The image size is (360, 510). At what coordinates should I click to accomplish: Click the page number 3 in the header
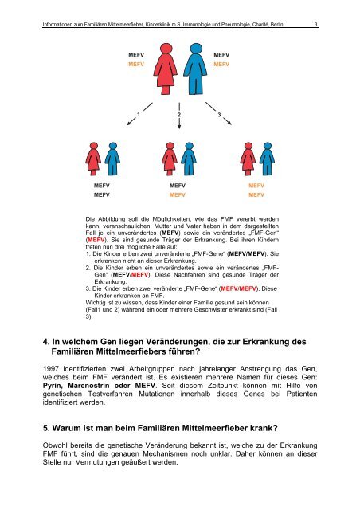pos(315,24)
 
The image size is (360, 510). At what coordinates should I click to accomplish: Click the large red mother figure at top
pos(165,69)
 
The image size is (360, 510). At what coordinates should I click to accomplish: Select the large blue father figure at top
pos(195,69)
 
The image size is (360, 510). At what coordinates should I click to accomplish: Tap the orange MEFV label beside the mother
pos(136,64)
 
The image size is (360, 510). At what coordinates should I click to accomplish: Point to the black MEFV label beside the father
pos(221,55)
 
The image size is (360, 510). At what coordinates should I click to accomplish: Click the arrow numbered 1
pos(139,114)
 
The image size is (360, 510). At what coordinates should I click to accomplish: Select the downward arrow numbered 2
pos(179,116)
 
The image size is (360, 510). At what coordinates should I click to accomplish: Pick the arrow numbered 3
pos(218,113)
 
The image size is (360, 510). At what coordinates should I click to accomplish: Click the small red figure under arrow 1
pos(93,159)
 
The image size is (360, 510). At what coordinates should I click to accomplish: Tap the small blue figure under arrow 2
pos(189,159)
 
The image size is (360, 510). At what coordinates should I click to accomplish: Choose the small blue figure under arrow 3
pos(267,159)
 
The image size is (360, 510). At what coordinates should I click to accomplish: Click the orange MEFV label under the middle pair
pos(178,194)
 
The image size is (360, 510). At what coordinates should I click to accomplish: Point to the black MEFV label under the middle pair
pos(178,186)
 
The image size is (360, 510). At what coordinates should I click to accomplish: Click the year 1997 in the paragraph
pos(51,369)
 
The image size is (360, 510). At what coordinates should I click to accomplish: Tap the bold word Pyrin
pos(53,386)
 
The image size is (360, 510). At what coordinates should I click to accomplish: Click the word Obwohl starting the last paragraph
pos(54,445)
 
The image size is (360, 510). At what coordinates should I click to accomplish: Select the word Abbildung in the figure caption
pos(110,219)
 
